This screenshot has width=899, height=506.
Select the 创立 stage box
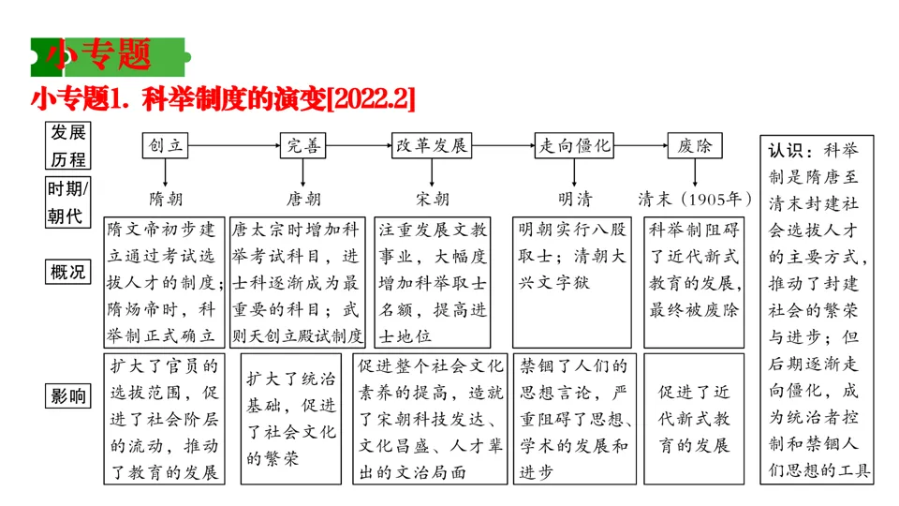click(x=166, y=145)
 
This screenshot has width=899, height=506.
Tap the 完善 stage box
click(x=303, y=145)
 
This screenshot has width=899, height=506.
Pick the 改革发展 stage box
click(x=432, y=145)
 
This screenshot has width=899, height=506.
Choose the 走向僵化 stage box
click(x=575, y=145)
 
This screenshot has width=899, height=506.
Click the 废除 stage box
click(x=695, y=145)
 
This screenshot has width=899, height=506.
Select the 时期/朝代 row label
click(x=67, y=201)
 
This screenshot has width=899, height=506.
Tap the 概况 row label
click(x=67, y=273)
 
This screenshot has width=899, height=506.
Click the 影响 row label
click(x=67, y=396)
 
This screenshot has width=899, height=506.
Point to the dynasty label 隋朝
click(x=166, y=199)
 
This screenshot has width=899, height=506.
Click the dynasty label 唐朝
click(x=303, y=199)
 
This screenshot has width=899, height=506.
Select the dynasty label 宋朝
click(x=432, y=199)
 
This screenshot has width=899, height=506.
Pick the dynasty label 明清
click(x=575, y=199)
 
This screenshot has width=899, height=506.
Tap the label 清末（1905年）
click(x=695, y=199)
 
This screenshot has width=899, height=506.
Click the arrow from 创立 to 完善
click(x=234, y=145)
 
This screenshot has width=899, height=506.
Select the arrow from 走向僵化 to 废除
click(x=641, y=145)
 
